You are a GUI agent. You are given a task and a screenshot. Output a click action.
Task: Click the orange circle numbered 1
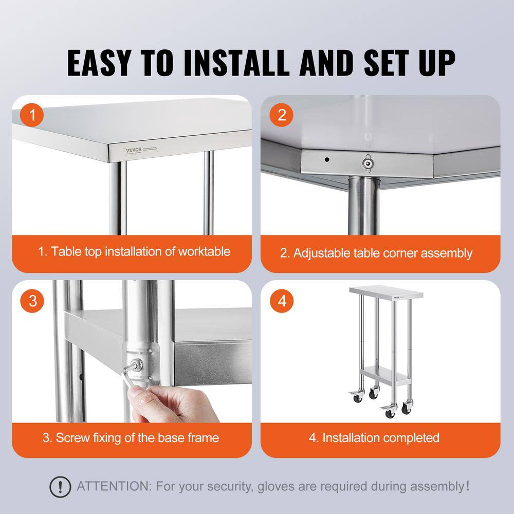coord(33,115)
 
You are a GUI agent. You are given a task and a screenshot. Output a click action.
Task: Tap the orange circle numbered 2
coord(282,115)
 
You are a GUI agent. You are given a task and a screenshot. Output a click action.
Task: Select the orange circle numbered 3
coord(33,301)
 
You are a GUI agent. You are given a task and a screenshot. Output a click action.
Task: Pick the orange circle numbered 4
coord(282,301)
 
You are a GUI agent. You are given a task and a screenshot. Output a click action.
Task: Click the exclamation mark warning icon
coord(60,486)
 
